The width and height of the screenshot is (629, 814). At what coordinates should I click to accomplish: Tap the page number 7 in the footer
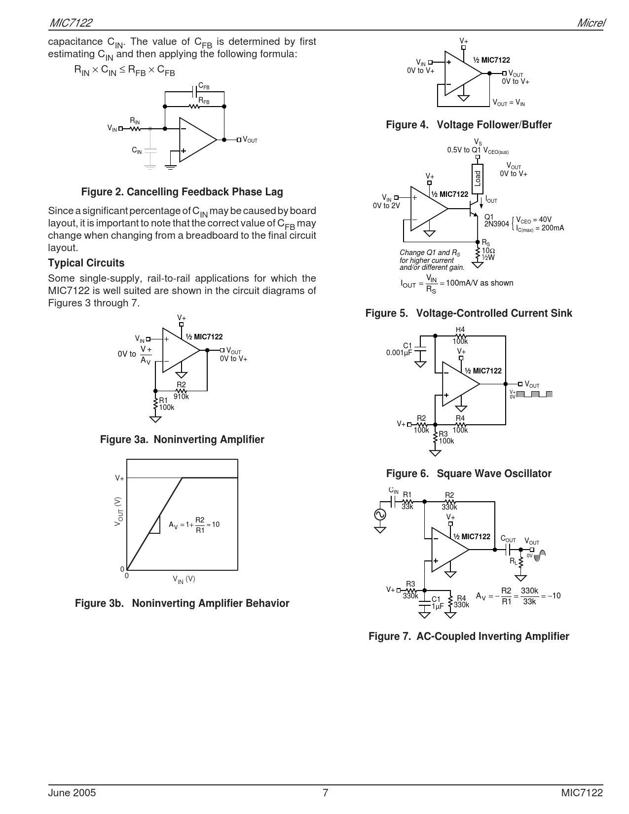pyautogui.click(x=325, y=793)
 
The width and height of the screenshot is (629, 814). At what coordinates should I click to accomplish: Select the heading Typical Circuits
pyautogui.click(x=86, y=263)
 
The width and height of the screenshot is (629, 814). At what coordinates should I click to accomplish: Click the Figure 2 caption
pyautogui.click(x=182, y=192)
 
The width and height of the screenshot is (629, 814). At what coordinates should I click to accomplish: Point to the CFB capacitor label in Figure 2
pyautogui.click(x=204, y=87)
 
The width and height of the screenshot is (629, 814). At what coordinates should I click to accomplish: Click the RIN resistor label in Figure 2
pyautogui.click(x=135, y=121)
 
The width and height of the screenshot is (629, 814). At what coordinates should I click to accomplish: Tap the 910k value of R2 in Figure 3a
pyautogui.click(x=181, y=396)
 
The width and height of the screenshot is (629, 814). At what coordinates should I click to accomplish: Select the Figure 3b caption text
pyautogui.click(x=182, y=603)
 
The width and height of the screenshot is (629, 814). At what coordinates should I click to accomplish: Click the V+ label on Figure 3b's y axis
pyautogui.click(x=119, y=478)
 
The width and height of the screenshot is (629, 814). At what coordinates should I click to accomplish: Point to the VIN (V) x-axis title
pyautogui.click(x=184, y=579)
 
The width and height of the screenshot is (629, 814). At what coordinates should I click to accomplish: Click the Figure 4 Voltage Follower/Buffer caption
pyautogui.click(x=469, y=125)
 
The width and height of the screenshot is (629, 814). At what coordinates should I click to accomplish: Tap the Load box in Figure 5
pyautogui.click(x=477, y=178)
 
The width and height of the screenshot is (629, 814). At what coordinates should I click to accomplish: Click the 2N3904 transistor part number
pyautogui.click(x=496, y=224)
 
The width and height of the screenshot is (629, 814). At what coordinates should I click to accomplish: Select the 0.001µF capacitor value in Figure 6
pyautogui.click(x=399, y=353)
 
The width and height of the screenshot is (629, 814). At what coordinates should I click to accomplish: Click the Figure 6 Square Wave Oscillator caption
pyautogui.click(x=469, y=474)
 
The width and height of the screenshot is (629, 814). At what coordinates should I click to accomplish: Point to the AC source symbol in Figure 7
pyautogui.click(x=380, y=514)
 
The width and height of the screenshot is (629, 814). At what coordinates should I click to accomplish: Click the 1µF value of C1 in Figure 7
pyautogui.click(x=438, y=606)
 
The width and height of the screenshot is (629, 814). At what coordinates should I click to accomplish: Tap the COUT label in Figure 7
pyautogui.click(x=508, y=539)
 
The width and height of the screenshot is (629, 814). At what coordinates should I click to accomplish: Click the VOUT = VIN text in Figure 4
pyautogui.click(x=509, y=103)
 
